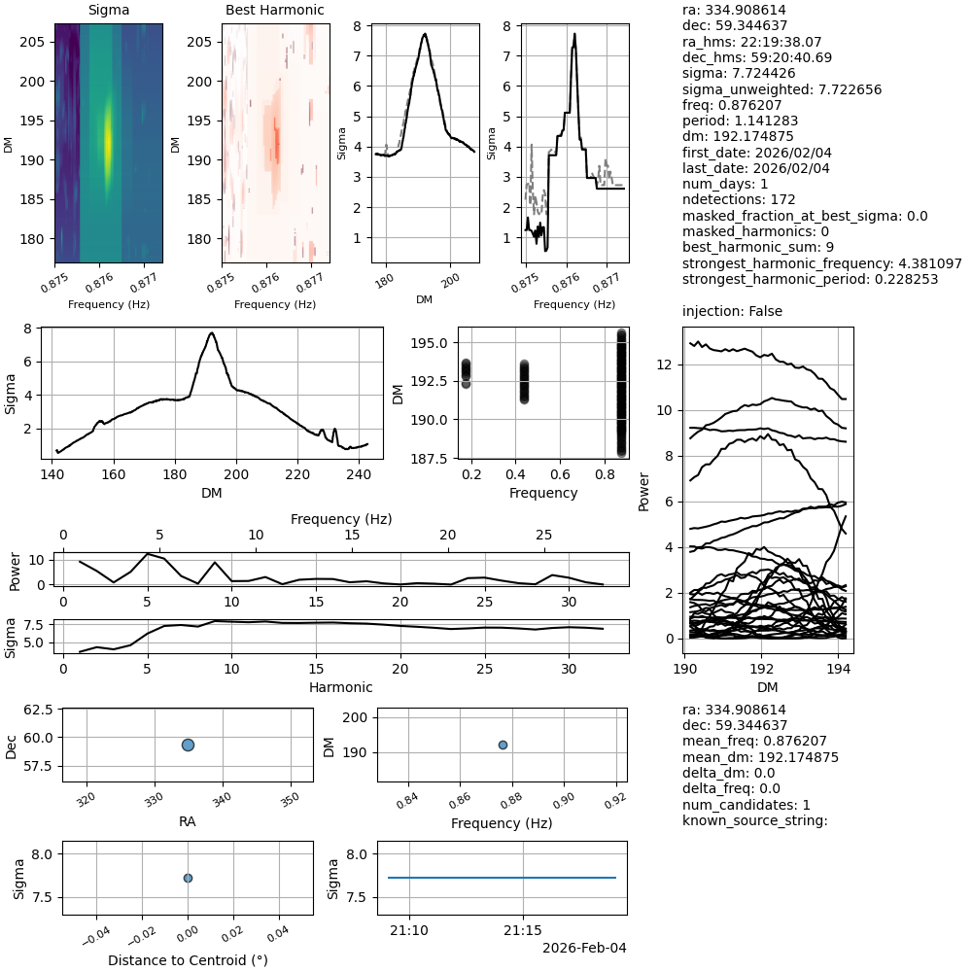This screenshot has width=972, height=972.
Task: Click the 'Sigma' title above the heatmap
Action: coord(108,11)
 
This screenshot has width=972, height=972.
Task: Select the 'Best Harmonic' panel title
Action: coord(274,11)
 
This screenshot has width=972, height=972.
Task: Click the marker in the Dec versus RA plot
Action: coord(188,745)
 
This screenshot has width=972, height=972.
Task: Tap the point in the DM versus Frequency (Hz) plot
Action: coord(503,745)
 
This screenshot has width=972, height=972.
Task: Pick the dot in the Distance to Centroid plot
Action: coord(188,878)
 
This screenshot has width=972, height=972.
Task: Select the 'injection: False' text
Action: coord(732,311)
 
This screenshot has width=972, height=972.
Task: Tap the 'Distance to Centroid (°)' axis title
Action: coord(188,960)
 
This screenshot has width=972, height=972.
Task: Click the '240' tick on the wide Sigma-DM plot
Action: coord(359,475)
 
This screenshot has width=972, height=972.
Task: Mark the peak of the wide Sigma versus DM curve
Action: coord(212,332)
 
